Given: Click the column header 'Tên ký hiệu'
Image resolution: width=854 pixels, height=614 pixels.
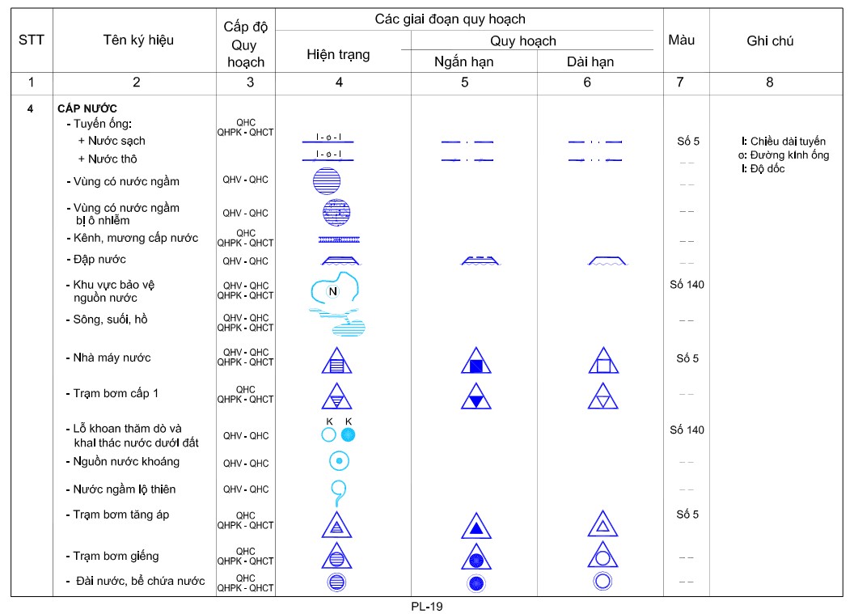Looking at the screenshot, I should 138,40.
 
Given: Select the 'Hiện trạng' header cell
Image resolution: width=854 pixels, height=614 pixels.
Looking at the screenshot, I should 338,55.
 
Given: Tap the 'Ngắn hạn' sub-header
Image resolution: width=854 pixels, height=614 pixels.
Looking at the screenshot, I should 463,61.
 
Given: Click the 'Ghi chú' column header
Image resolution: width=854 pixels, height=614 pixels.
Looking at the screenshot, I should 769,41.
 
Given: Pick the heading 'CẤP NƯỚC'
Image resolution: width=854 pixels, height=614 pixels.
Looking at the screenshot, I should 88,108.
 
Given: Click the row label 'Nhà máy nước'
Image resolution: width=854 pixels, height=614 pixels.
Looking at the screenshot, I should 112,358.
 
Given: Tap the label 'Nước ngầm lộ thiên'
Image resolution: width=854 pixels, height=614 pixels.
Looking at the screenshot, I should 124,489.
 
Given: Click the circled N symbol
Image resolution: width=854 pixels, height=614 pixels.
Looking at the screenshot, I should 332,292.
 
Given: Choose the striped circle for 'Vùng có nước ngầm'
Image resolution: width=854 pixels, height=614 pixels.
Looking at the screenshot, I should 327,181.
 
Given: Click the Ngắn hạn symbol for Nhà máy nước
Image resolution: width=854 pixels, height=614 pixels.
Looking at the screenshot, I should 476,362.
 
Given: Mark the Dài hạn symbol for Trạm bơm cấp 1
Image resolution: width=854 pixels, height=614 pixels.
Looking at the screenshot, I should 603,397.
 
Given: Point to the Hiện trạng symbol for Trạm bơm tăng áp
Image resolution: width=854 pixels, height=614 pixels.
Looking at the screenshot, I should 337,526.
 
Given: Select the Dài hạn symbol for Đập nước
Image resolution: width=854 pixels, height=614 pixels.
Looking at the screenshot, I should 603,260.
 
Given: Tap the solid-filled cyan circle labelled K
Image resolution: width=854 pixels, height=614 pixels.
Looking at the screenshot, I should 348,435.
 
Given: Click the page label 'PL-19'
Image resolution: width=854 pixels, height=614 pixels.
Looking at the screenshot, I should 426,606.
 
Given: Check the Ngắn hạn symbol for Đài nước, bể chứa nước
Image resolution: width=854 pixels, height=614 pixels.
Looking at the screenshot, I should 476,582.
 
